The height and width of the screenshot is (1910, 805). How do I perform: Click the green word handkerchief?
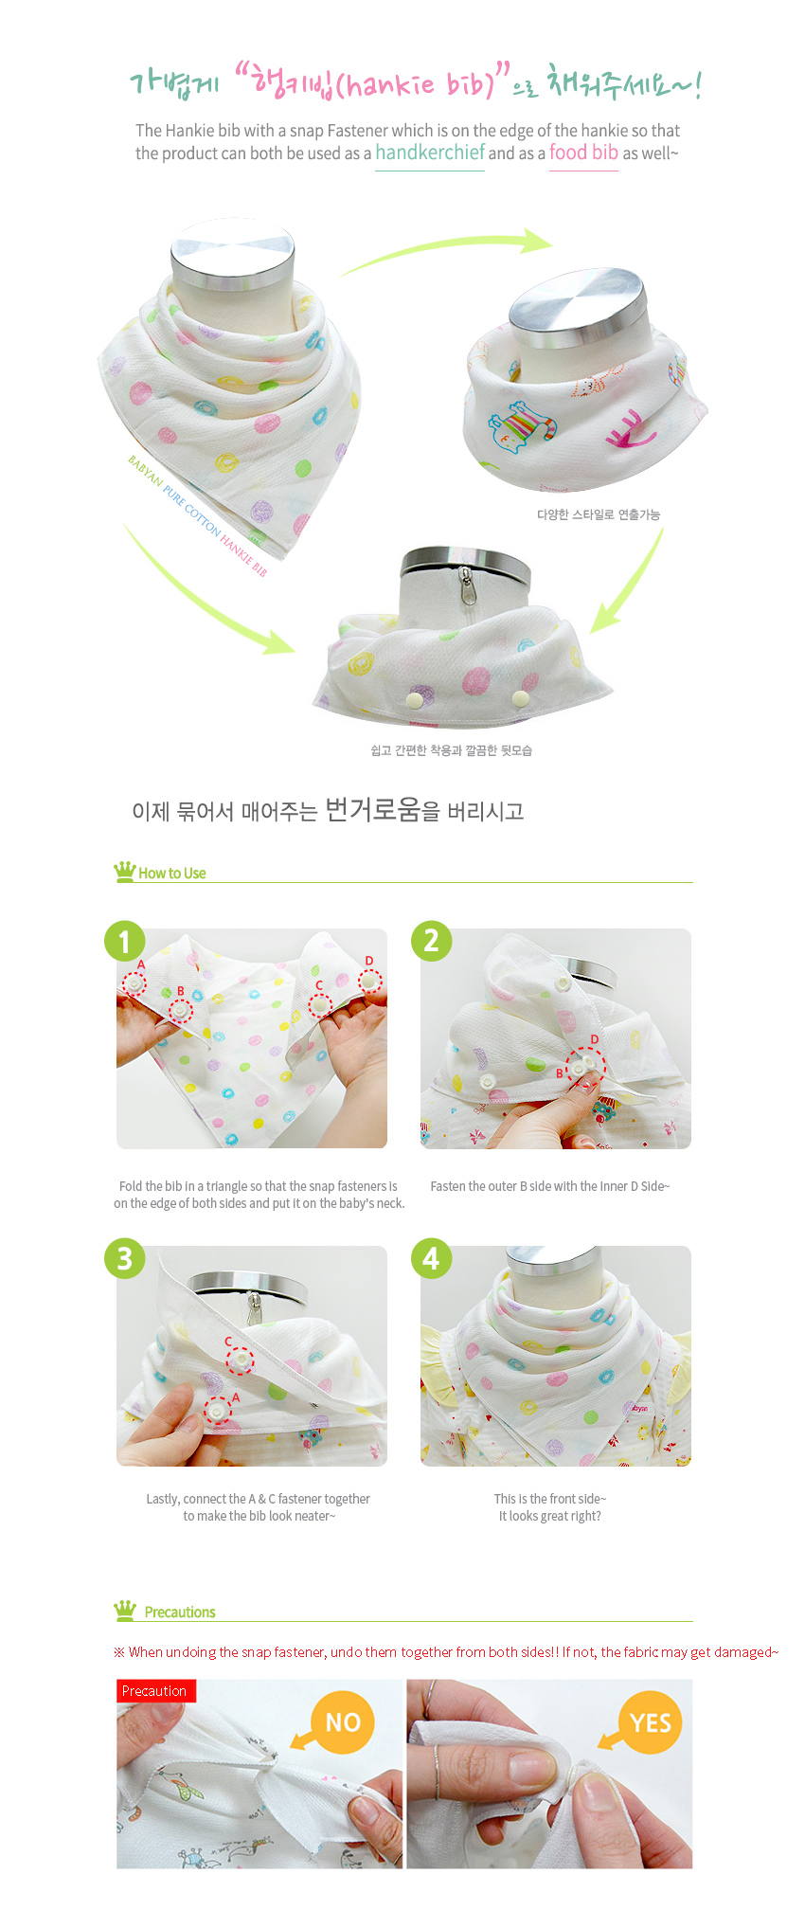tap(430, 153)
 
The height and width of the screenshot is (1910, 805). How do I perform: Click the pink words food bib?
tap(583, 153)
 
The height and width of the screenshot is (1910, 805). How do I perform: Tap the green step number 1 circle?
tap(124, 942)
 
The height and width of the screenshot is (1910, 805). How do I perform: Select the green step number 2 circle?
tap(431, 940)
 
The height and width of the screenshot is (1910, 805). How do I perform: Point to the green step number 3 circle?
tap(124, 1258)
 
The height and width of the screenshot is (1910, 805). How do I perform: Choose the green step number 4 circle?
tap(431, 1258)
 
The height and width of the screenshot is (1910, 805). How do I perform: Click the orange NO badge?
tap(343, 1721)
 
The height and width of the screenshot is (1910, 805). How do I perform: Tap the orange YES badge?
tap(650, 1721)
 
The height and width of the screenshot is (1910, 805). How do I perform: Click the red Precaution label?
tap(156, 1691)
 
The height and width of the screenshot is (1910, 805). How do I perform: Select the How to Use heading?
tap(172, 874)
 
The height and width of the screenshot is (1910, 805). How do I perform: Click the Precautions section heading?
tap(180, 1613)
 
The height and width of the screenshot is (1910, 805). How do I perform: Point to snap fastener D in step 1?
tap(369, 982)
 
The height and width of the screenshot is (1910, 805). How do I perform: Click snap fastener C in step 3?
tap(241, 1360)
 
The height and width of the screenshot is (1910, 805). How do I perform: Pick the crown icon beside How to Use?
tap(124, 872)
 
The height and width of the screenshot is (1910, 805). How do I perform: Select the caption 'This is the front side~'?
tap(550, 1499)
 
